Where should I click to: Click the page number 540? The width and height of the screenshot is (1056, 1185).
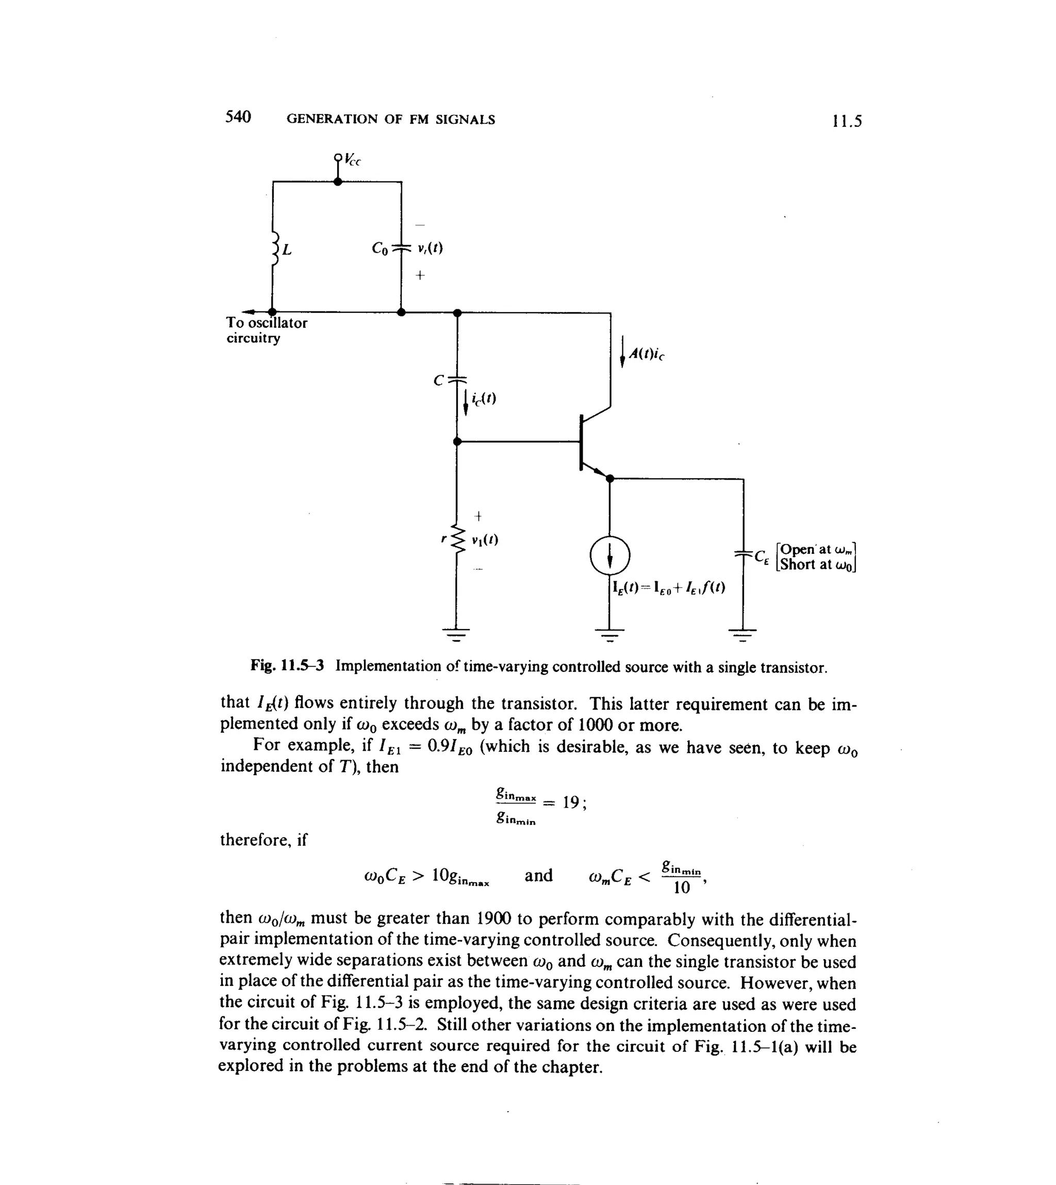[238, 117]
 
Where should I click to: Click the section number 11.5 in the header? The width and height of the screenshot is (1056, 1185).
[847, 121]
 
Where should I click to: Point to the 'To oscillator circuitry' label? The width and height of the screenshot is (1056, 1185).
[267, 330]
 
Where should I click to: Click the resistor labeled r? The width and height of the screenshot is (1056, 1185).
[458, 540]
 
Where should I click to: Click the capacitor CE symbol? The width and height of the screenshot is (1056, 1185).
[743, 554]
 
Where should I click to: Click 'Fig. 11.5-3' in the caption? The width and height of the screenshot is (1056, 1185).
[287, 666]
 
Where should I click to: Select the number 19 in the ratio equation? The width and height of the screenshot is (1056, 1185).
[571, 802]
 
